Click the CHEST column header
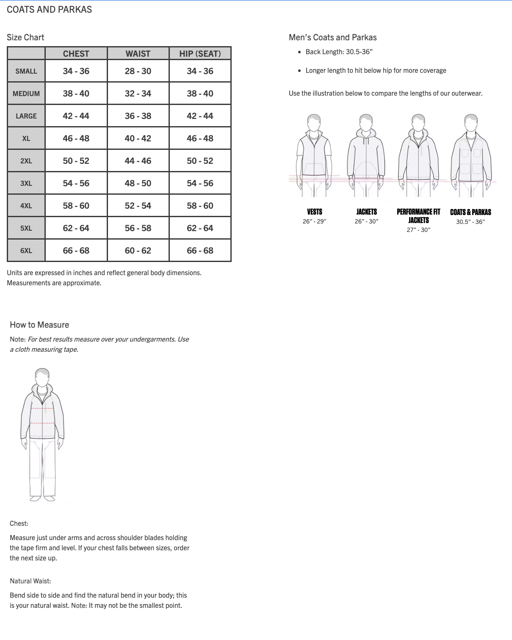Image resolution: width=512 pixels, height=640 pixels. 76,54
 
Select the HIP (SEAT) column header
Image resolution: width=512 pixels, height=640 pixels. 200,54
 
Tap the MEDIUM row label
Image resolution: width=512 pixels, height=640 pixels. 26,94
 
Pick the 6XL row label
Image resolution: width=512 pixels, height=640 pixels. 26,251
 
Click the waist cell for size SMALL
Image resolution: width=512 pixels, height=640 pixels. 138,71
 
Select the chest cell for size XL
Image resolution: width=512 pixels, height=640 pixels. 76,138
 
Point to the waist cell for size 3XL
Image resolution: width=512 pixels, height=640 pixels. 138,183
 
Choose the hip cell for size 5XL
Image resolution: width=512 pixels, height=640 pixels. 200,228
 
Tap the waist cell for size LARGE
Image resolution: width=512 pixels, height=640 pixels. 138,116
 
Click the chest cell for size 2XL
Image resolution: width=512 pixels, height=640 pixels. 76,161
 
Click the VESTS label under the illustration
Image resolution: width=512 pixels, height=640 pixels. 315,212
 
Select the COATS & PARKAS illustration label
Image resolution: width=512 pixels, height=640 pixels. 470,212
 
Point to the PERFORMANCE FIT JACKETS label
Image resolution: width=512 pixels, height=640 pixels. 418,216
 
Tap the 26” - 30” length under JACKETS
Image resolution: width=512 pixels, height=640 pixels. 366,221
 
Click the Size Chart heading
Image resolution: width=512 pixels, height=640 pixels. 25,37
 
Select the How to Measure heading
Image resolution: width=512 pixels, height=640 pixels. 39,325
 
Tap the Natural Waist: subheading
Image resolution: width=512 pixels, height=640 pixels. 30,581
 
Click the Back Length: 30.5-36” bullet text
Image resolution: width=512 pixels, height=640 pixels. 339,52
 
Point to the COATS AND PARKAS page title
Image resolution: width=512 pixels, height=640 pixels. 49,9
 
